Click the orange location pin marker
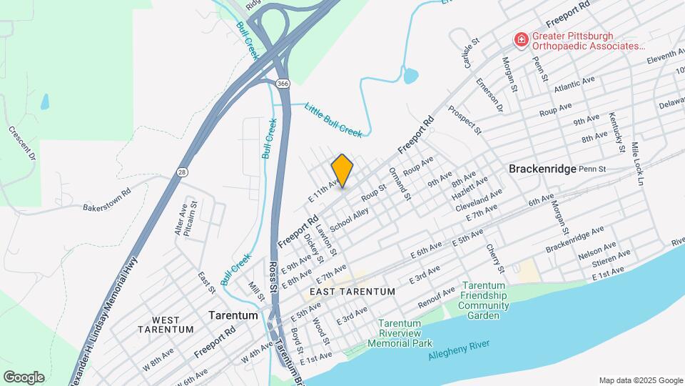pyautogui.click(x=342, y=170)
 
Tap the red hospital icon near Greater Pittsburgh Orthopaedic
pyautogui.click(x=522, y=40)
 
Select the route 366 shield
pyautogui.click(x=283, y=84)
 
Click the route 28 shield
pyautogui.click(x=183, y=172)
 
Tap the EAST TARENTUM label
pyautogui.click(x=352, y=292)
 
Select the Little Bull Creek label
pyautogui.click(x=333, y=119)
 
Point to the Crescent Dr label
pyautogui.click(x=22, y=142)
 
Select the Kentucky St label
pyautogui.click(x=616, y=132)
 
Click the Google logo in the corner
pyautogui.click(x=24, y=377)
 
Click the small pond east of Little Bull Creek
pyautogui.click(x=410, y=75)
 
